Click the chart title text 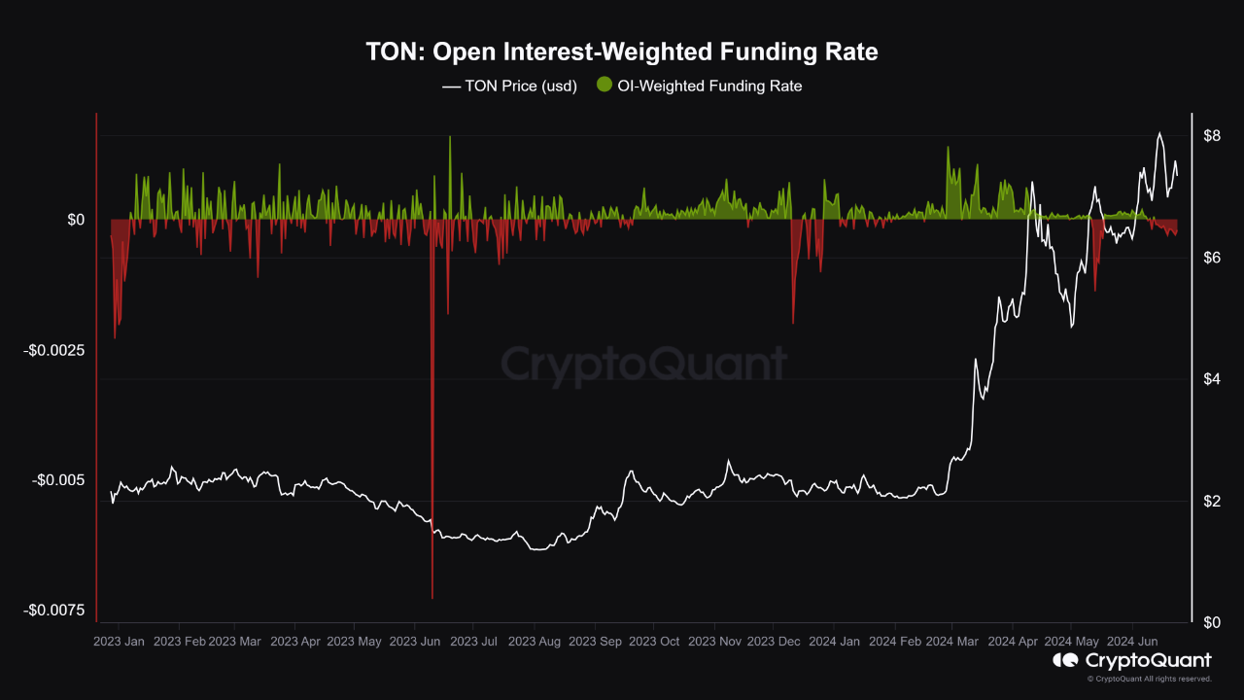point(622,52)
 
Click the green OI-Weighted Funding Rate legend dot point(604,86)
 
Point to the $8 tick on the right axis point(1211,135)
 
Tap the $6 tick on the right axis point(1211,258)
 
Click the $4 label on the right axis point(1211,379)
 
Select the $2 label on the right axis point(1211,501)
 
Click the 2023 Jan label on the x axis point(119,642)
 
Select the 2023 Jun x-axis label point(416,642)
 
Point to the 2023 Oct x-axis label point(654,642)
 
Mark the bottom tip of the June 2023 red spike point(432,597)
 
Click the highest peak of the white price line point(1158,133)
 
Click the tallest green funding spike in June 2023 point(450,137)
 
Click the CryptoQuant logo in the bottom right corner point(1132,661)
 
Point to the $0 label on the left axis point(75,220)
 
